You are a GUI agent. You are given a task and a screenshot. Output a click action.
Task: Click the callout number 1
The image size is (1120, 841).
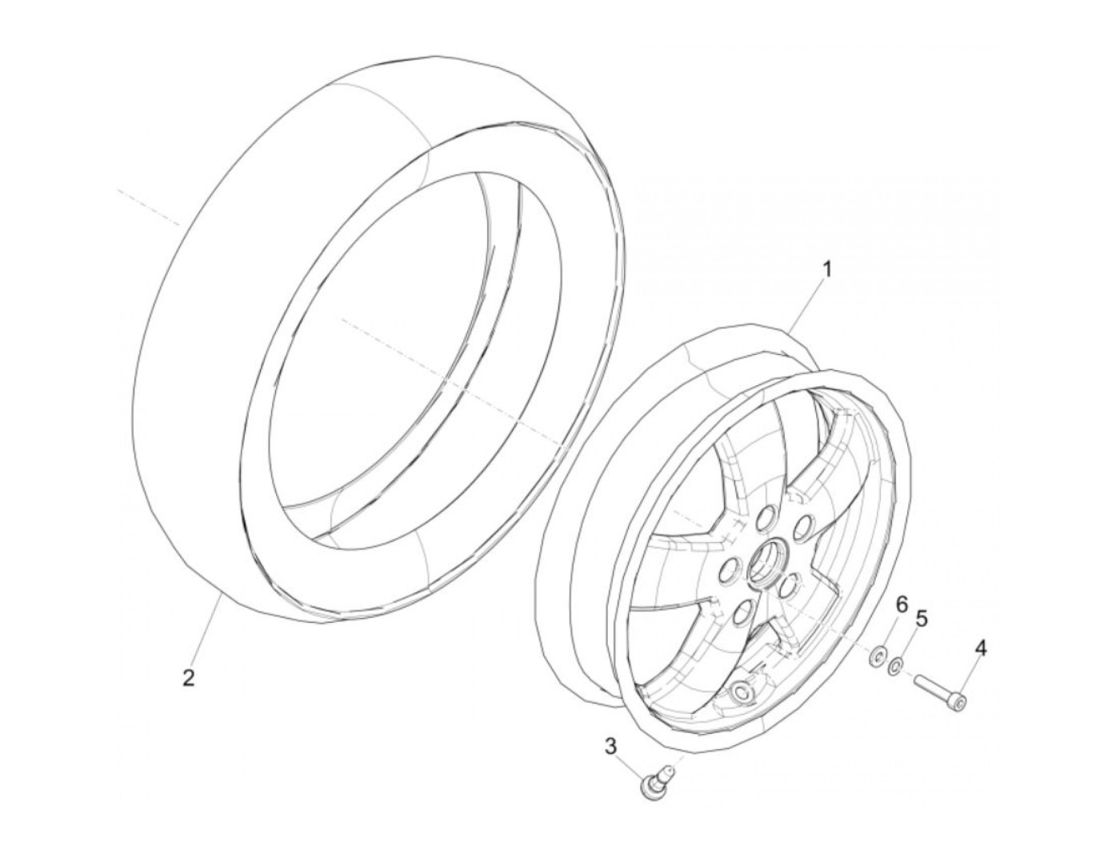pos(827,269)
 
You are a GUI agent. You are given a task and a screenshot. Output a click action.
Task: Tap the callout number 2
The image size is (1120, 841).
pos(188,678)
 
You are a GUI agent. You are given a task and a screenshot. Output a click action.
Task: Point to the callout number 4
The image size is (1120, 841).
pos(979,648)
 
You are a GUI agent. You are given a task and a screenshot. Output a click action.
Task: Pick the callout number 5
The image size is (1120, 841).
pos(922,618)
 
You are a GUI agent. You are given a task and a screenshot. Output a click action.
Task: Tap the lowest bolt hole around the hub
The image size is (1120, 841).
pos(745,614)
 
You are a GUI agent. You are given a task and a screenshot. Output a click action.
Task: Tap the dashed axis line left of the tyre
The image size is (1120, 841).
pos(148,205)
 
